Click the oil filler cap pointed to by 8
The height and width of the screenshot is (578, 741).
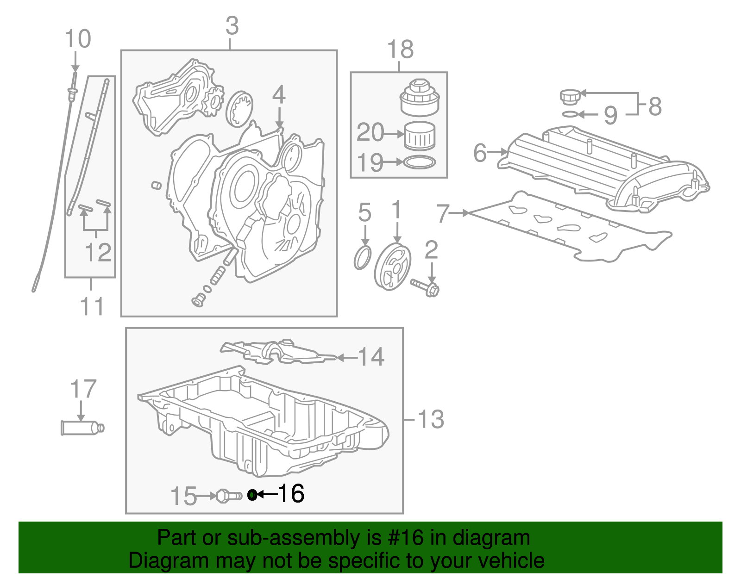[568, 98]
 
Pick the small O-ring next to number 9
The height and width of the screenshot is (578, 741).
[570, 114]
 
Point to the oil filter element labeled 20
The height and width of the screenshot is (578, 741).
[420, 136]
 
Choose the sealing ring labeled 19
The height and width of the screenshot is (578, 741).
[420, 162]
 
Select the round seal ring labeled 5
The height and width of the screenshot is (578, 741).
[363, 258]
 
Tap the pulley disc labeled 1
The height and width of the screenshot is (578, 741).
[393, 267]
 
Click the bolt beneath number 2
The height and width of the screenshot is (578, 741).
[425, 287]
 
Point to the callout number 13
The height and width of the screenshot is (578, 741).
[431, 419]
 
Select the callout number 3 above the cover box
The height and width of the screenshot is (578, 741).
[232, 26]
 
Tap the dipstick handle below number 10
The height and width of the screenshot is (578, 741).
[73, 90]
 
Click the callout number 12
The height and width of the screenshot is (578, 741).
[98, 252]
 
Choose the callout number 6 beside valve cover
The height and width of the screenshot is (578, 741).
[480, 152]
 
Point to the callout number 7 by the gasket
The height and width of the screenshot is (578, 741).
[443, 213]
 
